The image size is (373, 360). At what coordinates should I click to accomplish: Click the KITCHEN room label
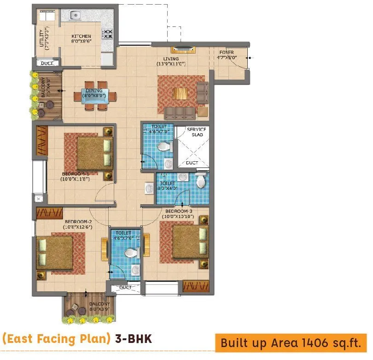81,36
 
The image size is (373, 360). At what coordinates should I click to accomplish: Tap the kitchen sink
76,16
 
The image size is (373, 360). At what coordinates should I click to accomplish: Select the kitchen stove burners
107,34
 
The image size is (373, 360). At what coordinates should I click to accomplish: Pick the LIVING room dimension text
170,64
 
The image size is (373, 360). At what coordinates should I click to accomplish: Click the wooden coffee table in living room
181,93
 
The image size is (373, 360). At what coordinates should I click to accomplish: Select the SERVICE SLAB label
196,132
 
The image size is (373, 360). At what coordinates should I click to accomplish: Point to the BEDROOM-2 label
78,221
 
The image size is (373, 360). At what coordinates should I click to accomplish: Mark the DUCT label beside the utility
47,63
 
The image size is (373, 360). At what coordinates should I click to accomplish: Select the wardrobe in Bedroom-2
49,213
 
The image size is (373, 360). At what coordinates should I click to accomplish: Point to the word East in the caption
18,339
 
